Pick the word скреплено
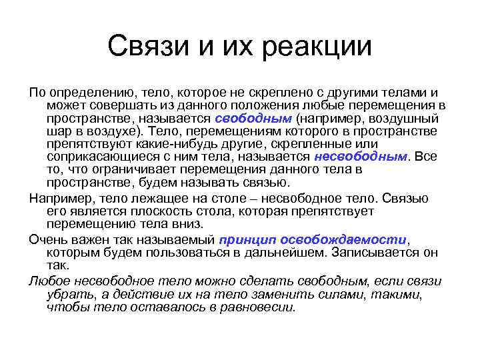pos(273,93)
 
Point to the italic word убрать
pos(69,294)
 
